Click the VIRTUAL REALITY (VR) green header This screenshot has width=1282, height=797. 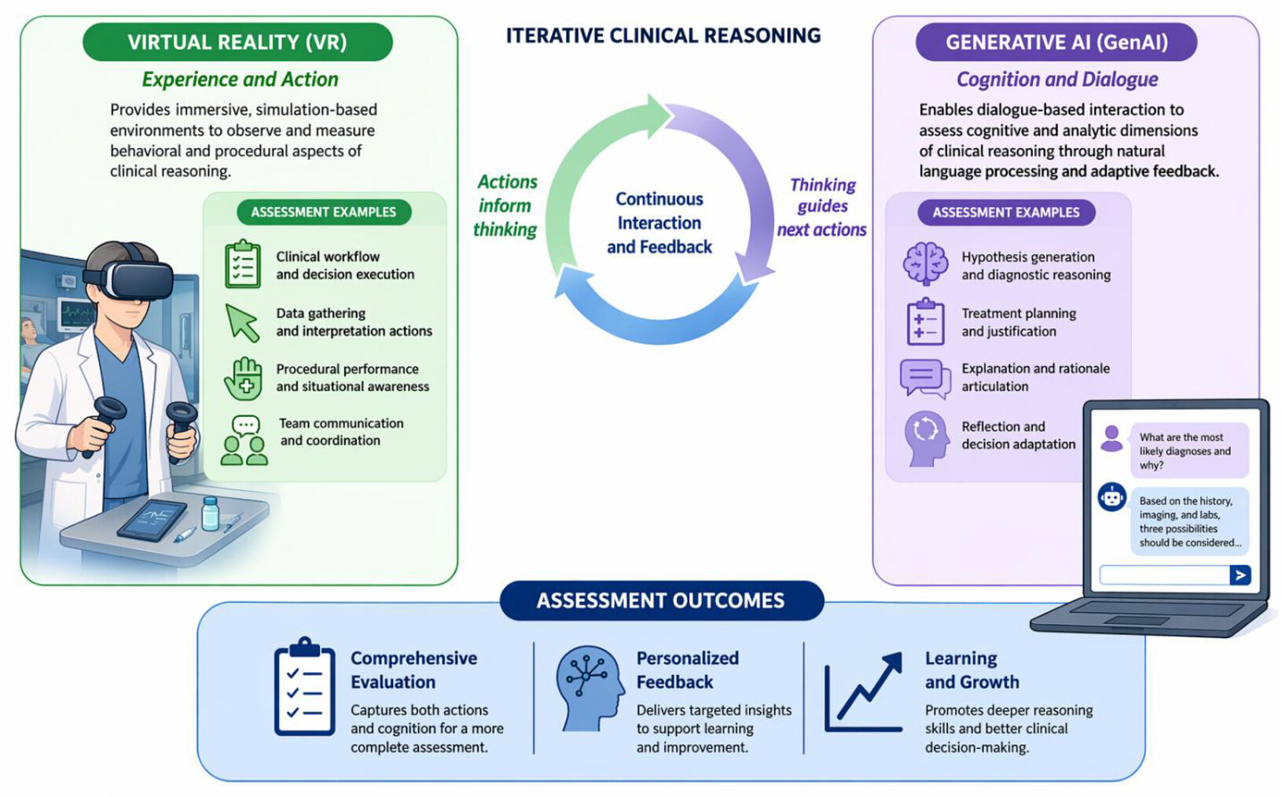pos(237,42)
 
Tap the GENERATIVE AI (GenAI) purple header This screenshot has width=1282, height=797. pos(1056,42)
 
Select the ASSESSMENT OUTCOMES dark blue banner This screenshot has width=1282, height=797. pos(661,600)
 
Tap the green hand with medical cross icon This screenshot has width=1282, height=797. pos(244,378)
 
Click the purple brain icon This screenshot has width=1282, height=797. pos(925,264)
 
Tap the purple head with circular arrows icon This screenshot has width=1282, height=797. pos(927,438)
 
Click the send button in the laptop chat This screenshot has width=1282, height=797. pos(1240,574)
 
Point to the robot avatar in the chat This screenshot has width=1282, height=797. pos(1111,496)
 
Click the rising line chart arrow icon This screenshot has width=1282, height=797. pos(864,692)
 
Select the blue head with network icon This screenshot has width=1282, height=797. pos(590,688)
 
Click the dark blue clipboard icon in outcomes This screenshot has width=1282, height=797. pos(304,686)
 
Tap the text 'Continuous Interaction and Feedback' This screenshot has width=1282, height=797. pos(659,223)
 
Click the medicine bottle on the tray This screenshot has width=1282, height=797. pos(211,514)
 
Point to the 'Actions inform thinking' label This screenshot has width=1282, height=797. pos(505,205)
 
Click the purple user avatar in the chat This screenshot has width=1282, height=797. pos(1111,439)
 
